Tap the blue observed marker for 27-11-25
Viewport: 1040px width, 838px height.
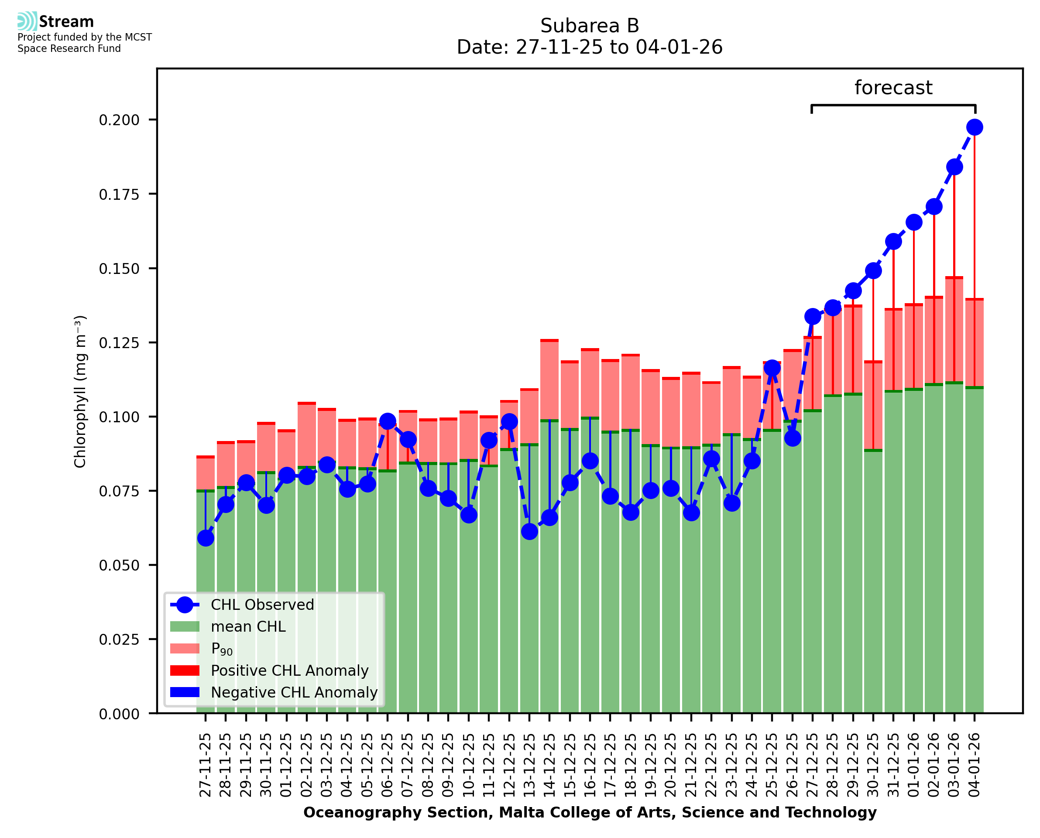click(206, 538)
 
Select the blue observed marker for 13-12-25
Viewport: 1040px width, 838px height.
click(529, 531)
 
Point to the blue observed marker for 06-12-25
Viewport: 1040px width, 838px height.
click(388, 421)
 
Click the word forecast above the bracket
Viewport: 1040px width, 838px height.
click(893, 88)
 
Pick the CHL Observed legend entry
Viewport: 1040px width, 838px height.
click(262, 605)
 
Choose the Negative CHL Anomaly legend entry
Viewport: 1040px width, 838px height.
click(294, 692)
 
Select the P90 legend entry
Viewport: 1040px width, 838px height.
click(222, 649)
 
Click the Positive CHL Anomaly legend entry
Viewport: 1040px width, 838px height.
click(290, 670)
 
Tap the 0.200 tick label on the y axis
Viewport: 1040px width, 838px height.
click(119, 120)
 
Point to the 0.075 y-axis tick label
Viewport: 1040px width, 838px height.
click(119, 491)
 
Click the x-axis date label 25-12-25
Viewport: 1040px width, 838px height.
click(772, 765)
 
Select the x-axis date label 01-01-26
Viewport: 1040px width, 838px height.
click(913, 765)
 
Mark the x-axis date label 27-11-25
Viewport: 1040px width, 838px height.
click(206, 765)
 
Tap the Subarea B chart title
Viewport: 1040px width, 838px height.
click(590, 26)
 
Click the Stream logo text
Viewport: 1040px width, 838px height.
click(66, 22)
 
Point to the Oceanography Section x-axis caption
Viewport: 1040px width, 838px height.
click(590, 812)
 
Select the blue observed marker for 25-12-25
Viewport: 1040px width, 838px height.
click(772, 368)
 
